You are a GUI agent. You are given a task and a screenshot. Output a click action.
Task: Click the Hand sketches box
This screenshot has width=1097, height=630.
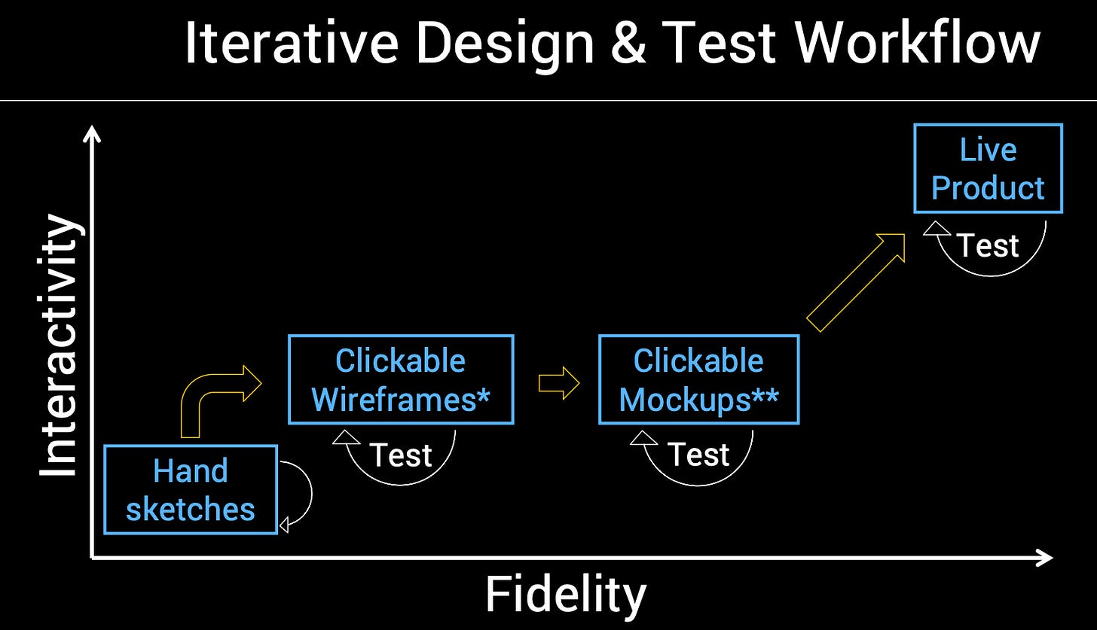191,490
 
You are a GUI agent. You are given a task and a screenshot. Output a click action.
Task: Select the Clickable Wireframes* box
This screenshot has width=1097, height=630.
401,379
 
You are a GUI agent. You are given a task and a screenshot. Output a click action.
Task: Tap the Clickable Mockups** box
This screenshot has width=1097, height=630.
698,379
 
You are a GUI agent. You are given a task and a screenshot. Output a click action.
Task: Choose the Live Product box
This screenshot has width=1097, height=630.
988,169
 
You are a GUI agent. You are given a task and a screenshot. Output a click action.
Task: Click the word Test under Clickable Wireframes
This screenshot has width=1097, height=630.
401,455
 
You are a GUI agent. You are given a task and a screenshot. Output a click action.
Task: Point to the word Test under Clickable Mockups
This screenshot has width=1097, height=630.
698,455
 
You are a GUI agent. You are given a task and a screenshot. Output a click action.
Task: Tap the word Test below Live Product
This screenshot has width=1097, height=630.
988,245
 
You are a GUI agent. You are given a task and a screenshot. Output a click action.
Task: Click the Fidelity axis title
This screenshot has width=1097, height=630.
565,595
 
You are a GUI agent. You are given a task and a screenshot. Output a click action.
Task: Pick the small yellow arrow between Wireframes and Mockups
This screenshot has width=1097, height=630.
558,384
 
